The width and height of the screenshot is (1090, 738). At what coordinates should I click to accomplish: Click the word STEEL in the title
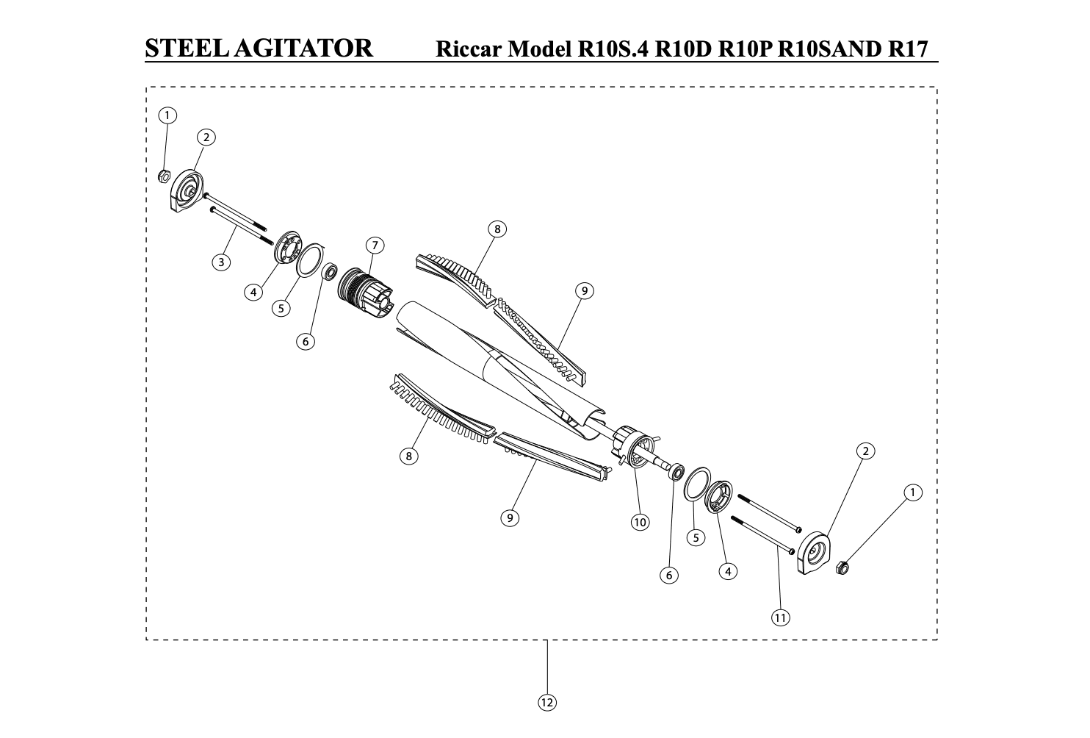coord(187,49)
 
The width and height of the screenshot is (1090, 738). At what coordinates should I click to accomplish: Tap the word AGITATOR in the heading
coord(303,49)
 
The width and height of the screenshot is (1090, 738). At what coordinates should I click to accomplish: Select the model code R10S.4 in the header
coord(613,49)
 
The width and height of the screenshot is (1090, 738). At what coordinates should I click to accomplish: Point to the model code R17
coord(908,49)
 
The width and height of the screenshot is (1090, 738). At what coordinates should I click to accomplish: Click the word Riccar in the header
coord(469,49)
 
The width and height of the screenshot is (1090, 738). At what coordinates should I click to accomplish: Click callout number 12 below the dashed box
coord(547,703)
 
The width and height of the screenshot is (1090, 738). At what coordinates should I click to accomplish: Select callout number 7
coord(375,245)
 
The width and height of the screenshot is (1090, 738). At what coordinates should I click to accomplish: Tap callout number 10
coord(640,523)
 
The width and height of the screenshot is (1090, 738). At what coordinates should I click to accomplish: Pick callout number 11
coord(781,618)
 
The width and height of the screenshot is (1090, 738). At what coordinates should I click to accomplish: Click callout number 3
coord(221,262)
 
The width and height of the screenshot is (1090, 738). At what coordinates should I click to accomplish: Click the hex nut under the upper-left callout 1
coord(164,176)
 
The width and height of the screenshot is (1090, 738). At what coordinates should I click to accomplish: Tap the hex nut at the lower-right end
coord(842,567)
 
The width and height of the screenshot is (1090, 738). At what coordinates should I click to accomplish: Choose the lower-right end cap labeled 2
coord(814,553)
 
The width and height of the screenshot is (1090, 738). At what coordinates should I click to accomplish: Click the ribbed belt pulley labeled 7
coord(364,293)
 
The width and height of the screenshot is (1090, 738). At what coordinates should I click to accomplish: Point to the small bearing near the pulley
coord(330,271)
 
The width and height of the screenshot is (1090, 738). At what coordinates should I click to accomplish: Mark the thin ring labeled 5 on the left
coord(310,260)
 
